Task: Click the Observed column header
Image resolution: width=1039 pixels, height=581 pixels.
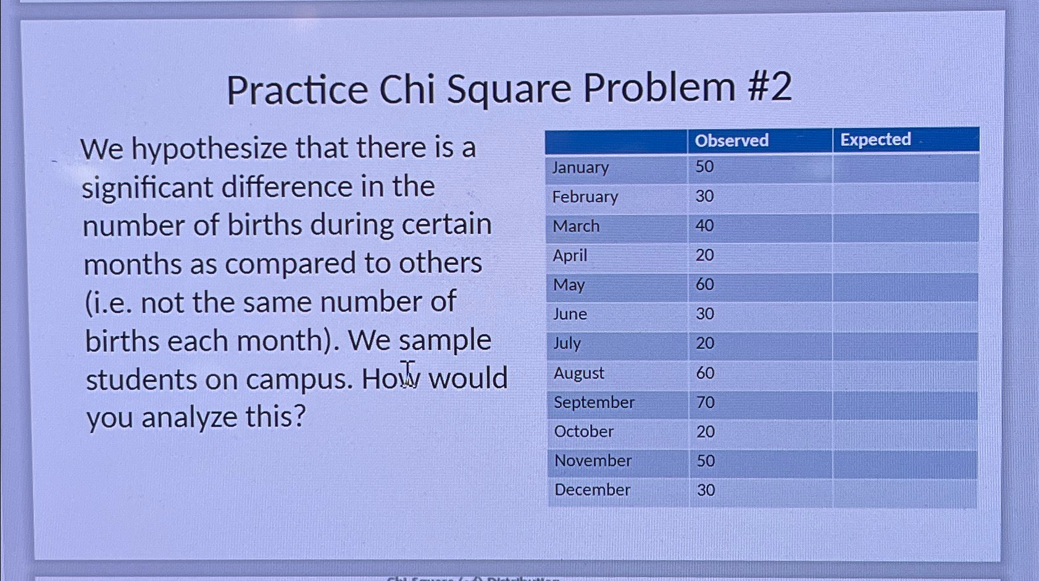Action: pos(732,141)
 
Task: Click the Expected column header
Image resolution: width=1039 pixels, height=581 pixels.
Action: pos(875,140)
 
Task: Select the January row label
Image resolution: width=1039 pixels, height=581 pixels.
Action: pos(580,167)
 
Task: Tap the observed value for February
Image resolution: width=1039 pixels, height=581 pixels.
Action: pos(704,196)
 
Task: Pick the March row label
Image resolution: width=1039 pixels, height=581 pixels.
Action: pos(576,226)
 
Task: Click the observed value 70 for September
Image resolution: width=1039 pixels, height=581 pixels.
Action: pos(705,403)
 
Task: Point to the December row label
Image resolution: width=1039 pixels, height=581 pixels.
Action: pos(592,490)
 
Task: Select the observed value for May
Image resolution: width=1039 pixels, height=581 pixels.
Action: pos(704,285)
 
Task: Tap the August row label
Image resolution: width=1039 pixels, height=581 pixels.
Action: pos(578,373)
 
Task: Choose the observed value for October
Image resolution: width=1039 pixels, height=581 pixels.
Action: pos(705,432)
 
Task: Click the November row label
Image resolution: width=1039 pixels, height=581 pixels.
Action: pos(593,461)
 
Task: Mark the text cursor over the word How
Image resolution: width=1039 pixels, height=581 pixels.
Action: pos(407,374)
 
